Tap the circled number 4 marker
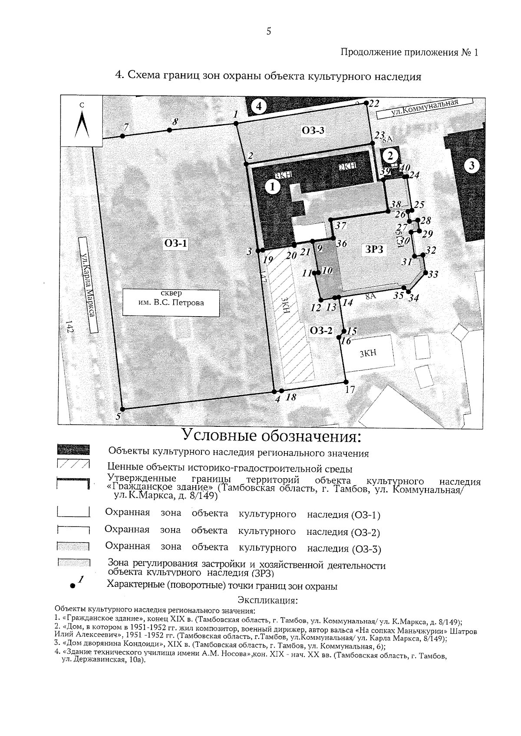click(x=259, y=106)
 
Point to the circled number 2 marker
click(x=391, y=155)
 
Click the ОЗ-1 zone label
click(x=176, y=244)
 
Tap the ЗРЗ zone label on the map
click(x=374, y=248)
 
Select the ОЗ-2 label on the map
click(x=321, y=331)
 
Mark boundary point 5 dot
click(x=123, y=409)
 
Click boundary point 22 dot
click(x=366, y=103)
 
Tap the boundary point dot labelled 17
click(x=346, y=382)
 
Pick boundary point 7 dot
click(x=123, y=136)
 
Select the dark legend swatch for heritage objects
click(x=73, y=450)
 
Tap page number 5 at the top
click(x=269, y=31)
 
